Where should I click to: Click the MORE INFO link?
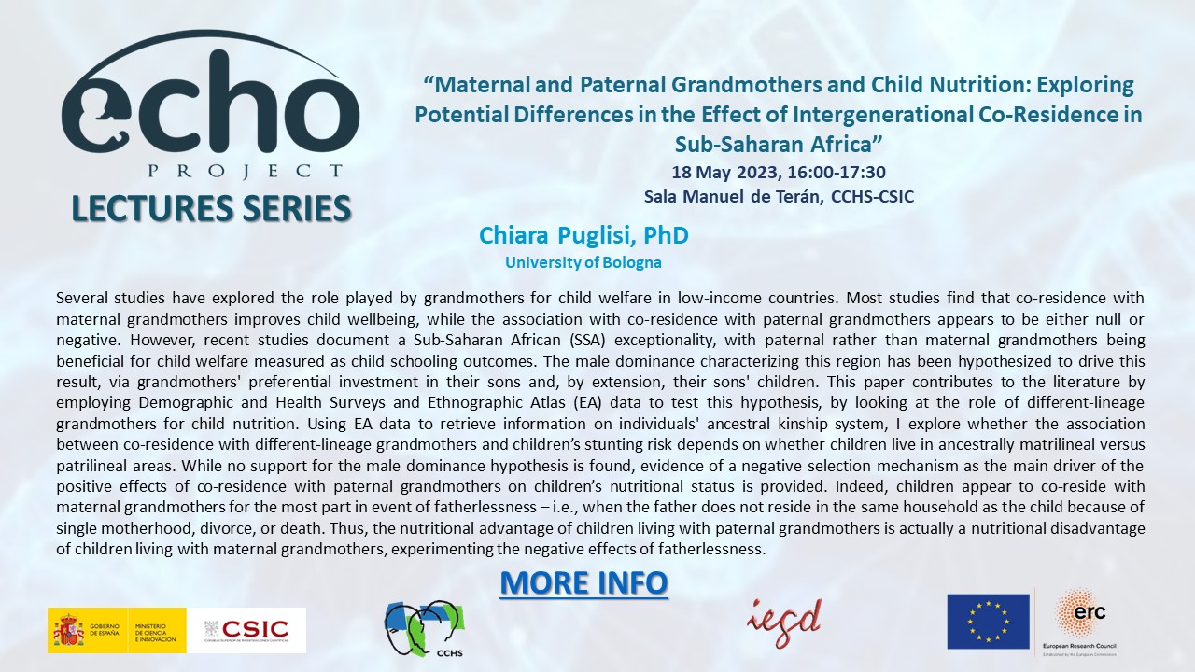(x=583, y=582)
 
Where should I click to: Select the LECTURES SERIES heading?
(x=211, y=208)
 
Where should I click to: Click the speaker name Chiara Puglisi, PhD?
(x=583, y=235)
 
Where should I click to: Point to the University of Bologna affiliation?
(x=583, y=262)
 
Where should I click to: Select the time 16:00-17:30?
(x=844, y=172)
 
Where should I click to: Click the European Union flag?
(x=988, y=622)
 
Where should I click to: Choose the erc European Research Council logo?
(x=1079, y=620)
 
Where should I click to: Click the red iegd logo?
(x=783, y=617)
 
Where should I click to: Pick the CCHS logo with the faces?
(x=425, y=626)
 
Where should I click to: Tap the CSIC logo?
(x=247, y=630)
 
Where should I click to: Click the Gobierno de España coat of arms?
(x=68, y=630)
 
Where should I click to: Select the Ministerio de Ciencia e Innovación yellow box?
(x=159, y=630)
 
